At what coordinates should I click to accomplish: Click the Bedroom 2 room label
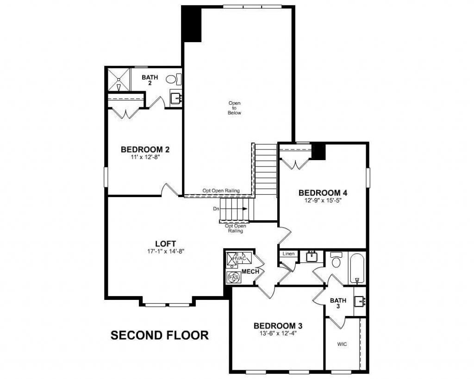click(145, 149)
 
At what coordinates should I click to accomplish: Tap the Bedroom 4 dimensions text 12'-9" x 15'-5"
click(323, 201)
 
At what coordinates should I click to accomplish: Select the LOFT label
click(165, 244)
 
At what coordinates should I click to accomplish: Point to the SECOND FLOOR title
click(160, 335)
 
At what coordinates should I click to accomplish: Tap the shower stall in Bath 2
click(119, 80)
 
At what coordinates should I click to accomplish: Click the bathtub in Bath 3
click(356, 268)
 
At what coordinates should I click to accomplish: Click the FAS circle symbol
click(232, 277)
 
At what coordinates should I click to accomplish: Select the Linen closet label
click(288, 254)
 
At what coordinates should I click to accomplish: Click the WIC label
click(342, 345)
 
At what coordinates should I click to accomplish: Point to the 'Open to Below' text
click(234, 108)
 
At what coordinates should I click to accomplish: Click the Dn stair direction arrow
click(244, 209)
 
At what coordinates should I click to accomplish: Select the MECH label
click(250, 271)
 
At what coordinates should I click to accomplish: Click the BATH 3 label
click(338, 304)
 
